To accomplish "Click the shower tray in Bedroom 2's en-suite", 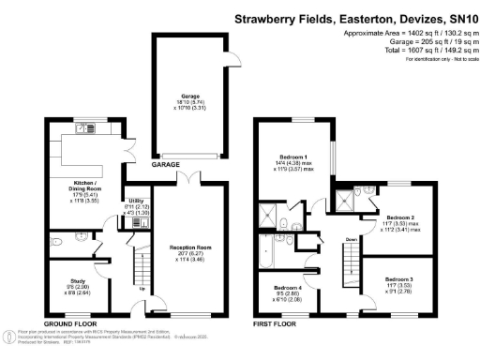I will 349,196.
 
